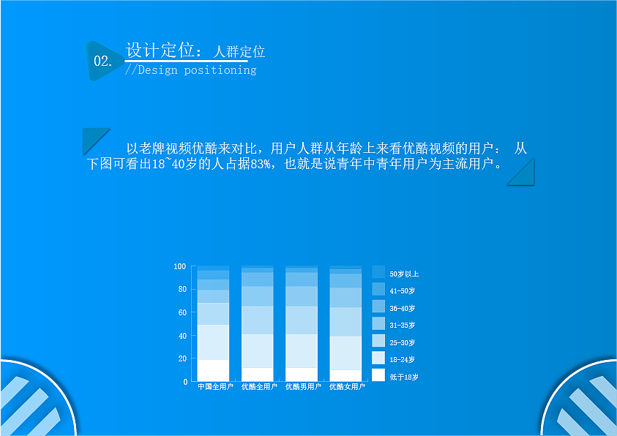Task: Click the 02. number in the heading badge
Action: click(x=102, y=61)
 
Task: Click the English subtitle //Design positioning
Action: click(x=190, y=70)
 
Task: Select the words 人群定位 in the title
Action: click(x=239, y=52)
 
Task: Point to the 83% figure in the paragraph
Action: click(x=261, y=163)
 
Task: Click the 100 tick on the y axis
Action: click(x=180, y=266)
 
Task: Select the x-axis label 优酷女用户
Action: click(x=347, y=386)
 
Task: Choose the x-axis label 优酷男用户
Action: click(x=303, y=386)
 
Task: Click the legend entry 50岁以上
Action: click(x=403, y=274)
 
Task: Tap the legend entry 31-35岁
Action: click(x=402, y=326)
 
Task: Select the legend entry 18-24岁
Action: click(x=402, y=360)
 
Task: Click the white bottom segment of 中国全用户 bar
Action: click(x=213, y=370)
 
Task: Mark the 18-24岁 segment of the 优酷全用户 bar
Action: click(x=257, y=350)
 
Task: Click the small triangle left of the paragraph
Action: click(x=92, y=138)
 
